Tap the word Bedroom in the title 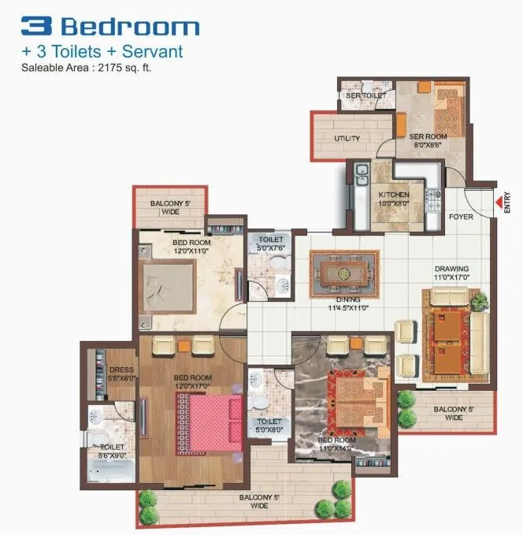130,27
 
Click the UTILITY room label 347,139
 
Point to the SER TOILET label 365,96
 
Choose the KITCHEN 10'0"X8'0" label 393,198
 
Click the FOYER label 461,217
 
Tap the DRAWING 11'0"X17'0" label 452,272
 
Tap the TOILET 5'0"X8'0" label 269,426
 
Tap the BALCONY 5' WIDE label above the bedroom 170,207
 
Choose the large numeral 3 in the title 37,27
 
